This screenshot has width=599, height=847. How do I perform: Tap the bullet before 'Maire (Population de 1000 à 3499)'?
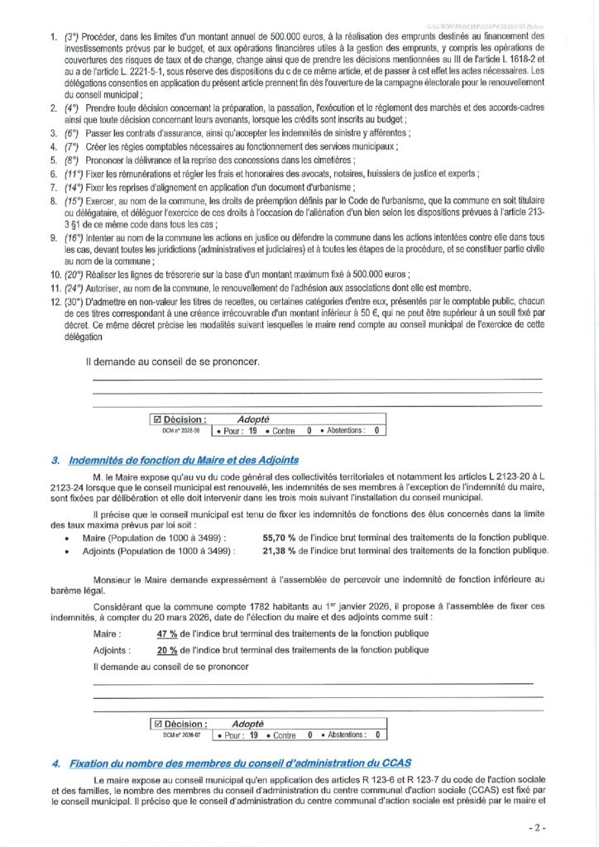pos(66,537)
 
